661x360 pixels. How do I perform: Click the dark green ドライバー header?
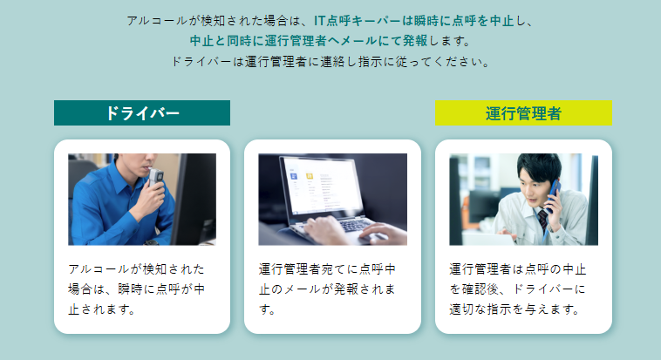[142, 113]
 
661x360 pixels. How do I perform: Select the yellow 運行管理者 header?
[523, 113]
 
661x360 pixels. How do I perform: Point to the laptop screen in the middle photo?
[324, 186]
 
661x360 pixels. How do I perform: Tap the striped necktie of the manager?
[543, 220]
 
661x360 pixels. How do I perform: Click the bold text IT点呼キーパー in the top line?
[358, 21]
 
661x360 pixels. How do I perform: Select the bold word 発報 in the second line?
[415, 41]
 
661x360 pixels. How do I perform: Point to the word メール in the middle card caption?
[295, 289]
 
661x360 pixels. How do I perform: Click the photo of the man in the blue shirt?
[142, 199]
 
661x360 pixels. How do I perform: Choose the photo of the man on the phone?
[523, 199]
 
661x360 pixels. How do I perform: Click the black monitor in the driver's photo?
[194, 199]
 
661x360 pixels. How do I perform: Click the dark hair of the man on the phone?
[540, 167]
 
